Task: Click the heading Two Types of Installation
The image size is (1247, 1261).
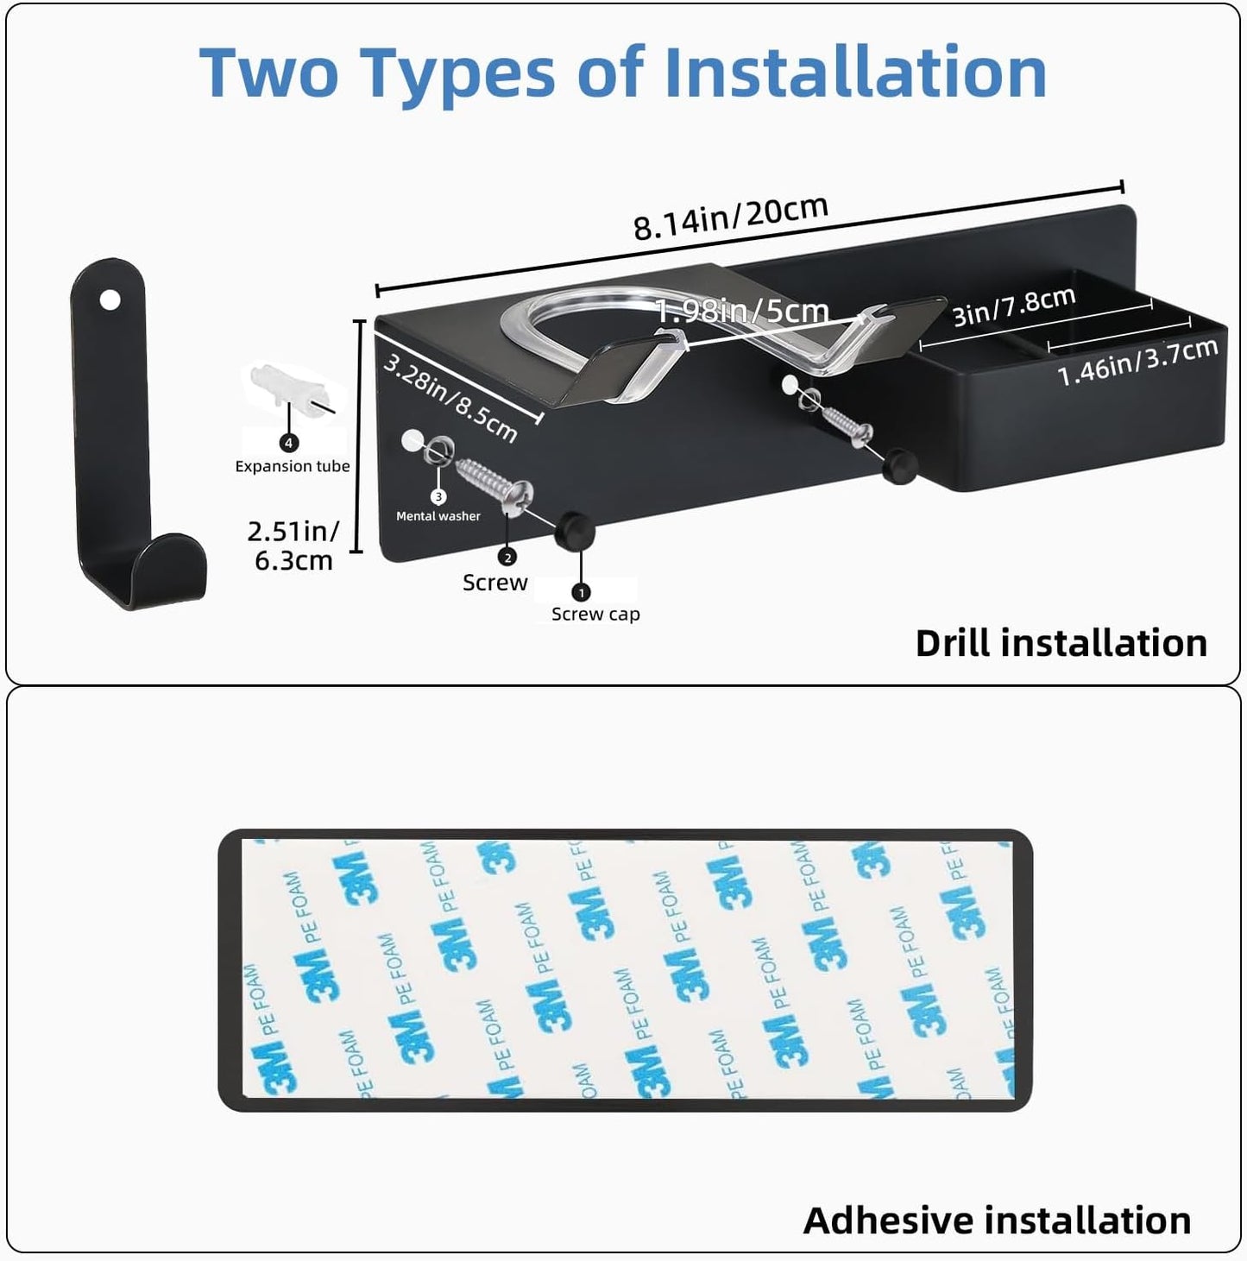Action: pos(622,73)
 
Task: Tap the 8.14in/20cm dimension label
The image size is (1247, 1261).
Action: pos(731,218)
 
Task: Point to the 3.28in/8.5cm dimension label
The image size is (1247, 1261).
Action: pos(451,398)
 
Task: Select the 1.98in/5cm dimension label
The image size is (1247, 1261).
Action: pos(742,310)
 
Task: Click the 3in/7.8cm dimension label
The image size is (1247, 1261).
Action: pos(1013,306)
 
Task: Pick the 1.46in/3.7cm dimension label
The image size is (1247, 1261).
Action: pos(1137,363)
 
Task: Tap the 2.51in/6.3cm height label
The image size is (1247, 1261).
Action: pos(294,545)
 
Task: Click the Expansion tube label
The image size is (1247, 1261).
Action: pos(292,466)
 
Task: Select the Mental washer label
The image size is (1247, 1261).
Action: pos(438,515)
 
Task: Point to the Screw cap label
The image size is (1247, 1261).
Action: pos(595,614)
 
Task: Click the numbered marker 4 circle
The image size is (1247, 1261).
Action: pos(289,443)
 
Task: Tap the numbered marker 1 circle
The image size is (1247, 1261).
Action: pos(581,592)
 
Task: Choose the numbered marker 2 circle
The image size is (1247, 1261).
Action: pos(507,558)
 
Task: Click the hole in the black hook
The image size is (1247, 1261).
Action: pos(110,300)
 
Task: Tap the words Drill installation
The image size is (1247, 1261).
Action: pos(1061,643)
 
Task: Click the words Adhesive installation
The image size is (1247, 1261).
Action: pos(997,1220)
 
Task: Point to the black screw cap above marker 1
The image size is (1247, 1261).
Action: pos(575,531)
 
